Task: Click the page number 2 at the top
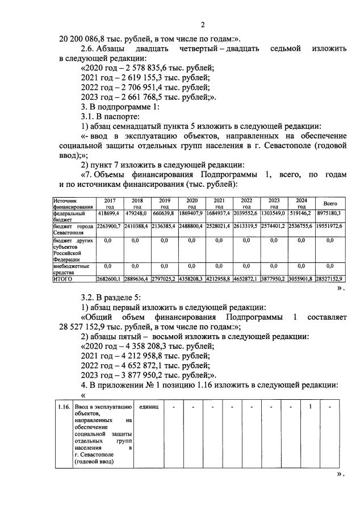202,25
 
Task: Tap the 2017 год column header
109,203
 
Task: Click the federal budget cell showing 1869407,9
192,213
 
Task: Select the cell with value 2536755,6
301,225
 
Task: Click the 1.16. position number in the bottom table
64,407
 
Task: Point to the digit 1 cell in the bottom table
310,407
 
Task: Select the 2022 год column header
246,203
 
